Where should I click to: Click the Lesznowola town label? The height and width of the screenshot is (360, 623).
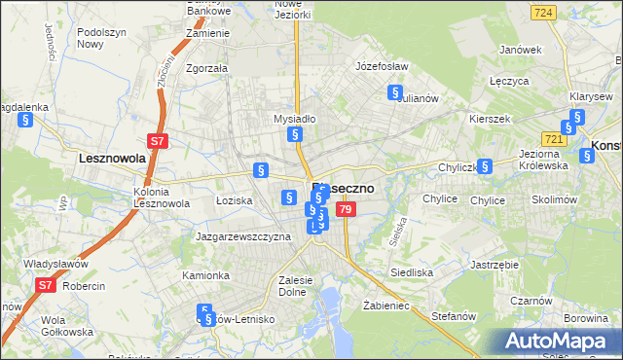pyautogui.click(x=112, y=157)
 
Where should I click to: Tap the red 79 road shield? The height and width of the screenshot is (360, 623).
pyautogui.click(x=345, y=209)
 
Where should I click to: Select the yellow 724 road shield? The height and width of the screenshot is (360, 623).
pyautogui.click(x=544, y=13)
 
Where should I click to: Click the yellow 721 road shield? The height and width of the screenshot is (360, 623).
pyautogui.click(x=555, y=139)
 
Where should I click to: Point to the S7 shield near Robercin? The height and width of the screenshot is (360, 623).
pyautogui.click(x=46, y=285)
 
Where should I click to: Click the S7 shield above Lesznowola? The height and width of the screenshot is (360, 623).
pyautogui.click(x=158, y=141)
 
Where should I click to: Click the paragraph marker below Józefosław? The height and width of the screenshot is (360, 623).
pyautogui.click(x=395, y=93)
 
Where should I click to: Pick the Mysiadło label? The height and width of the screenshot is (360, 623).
pyautogui.click(x=294, y=119)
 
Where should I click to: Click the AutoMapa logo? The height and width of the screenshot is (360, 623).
pyautogui.click(x=551, y=341)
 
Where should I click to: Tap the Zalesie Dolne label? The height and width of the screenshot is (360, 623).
pyautogui.click(x=294, y=285)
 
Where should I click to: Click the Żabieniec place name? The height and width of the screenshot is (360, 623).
pyautogui.click(x=387, y=306)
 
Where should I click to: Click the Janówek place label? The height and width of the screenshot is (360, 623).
pyautogui.click(x=519, y=50)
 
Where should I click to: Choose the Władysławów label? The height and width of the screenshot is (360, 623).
pyautogui.click(x=55, y=264)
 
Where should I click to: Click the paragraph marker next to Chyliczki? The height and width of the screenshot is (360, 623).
pyautogui.click(x=485, y=166)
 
